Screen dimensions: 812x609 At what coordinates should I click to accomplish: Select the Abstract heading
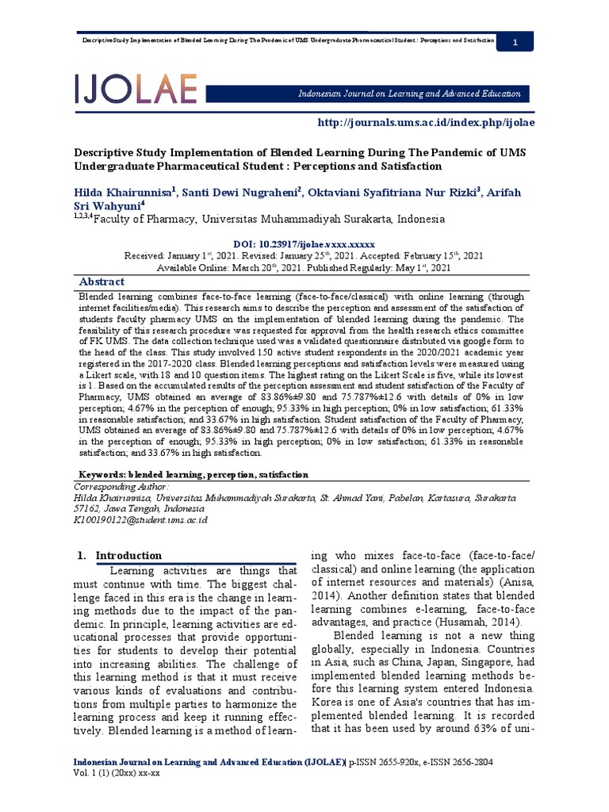pos(101,282)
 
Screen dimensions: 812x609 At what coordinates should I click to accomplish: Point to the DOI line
pos(304,244)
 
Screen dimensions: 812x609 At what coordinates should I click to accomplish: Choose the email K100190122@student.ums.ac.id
pos(140,519)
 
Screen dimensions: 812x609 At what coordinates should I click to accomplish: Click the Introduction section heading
pos(128,555)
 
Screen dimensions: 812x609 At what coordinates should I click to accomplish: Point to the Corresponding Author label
pos(121,485)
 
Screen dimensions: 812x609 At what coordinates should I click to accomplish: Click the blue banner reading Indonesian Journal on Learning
pos(409,94)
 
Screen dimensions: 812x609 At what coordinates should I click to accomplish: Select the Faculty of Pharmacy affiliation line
pos(262,219)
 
